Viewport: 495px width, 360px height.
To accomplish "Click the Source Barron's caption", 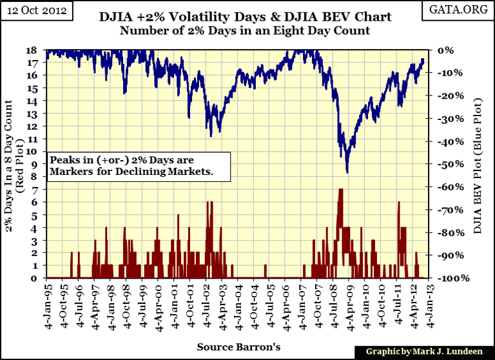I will click(239, 346).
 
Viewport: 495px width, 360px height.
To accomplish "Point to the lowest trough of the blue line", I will click(347, 172).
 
